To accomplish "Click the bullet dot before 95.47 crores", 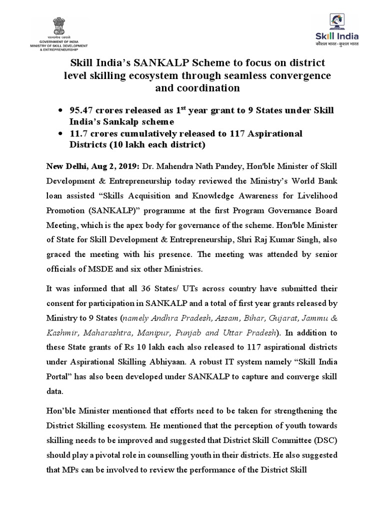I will [60, 109].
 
